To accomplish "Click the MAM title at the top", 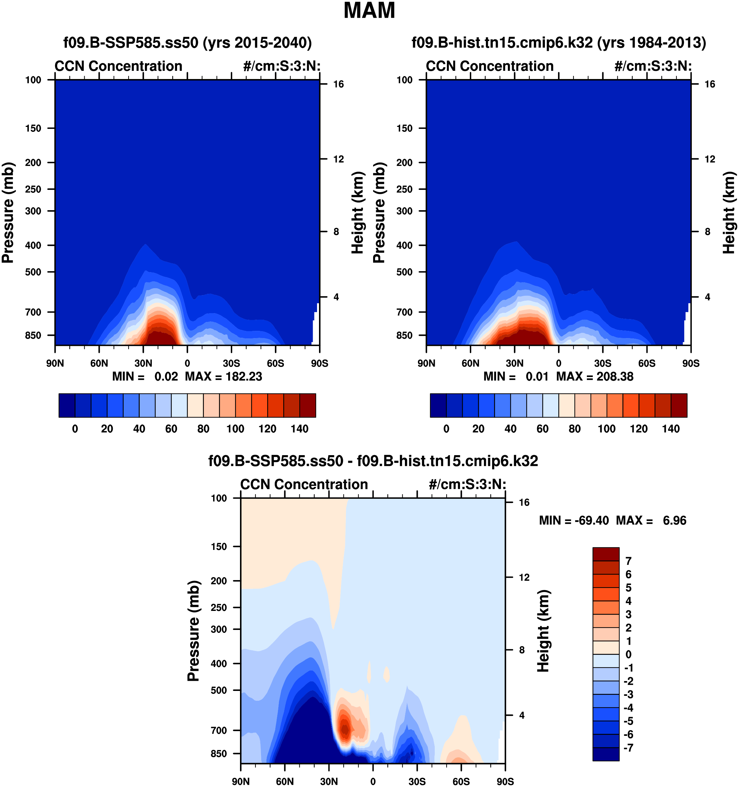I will [x=369, y=11].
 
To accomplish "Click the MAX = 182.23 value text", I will [x=223, y=376].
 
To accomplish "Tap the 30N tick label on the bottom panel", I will [x=329, y=781].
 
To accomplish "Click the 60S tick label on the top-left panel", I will [x=275, y=363].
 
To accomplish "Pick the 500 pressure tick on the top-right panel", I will [x=404, y=272].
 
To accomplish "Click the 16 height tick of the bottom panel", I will [x=524, y=502].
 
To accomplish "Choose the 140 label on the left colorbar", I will [x=299, y=429].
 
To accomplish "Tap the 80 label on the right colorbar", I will [x=574, y=429].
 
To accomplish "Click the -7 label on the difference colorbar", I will [x=628, y=748].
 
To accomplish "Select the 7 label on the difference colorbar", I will [x=628, y=561].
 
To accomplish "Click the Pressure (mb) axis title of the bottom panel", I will [x=193, y=631].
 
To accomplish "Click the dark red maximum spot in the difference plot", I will [x=345, y=728].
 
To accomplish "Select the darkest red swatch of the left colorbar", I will [x=308, y=405].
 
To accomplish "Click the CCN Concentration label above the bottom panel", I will [x=304, y=484].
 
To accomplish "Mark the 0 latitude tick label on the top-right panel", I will [x=558, y=363].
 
